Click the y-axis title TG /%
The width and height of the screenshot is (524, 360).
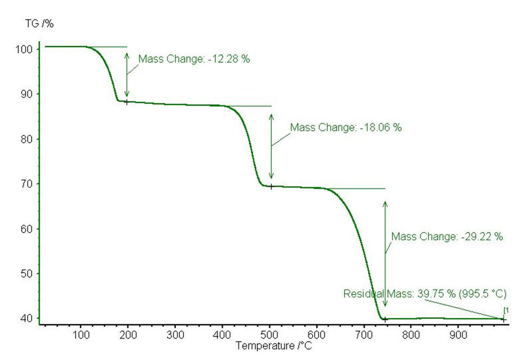(39, 23)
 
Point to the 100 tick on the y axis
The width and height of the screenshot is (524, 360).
(28, 50)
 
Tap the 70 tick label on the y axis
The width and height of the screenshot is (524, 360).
(28, 184)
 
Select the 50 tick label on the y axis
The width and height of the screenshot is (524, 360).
(28, 274)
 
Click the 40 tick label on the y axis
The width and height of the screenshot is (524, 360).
(28, 318)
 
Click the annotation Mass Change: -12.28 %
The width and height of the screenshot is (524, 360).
(194, 59)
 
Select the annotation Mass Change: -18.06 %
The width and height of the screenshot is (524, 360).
(346, 128)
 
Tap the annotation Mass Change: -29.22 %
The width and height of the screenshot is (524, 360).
(447, 236)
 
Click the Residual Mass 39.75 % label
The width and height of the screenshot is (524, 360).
(424, 293)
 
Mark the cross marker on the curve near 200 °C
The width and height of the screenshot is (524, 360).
(127, 102)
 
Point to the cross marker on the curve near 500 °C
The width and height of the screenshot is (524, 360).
(271, 186)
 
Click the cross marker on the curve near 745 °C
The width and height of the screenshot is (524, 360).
(385, 319)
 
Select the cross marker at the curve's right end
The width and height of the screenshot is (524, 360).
(503, 319)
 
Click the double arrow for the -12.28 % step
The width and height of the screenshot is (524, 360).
(127, 74)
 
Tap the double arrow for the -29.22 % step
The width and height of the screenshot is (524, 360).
(385, 253)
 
